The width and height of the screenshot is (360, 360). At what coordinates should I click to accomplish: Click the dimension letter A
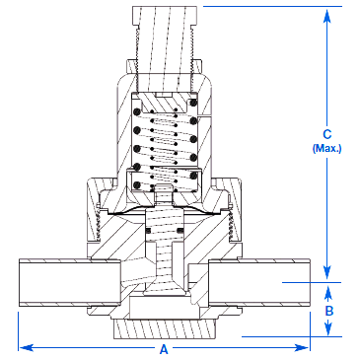pos(164,349)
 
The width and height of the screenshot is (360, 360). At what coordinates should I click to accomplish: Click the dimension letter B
pos(329,311)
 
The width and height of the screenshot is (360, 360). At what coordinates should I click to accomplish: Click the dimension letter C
pos(327,134)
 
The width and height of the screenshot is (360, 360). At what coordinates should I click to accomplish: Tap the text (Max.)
pos(326,148)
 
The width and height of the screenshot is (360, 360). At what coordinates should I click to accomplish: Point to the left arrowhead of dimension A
pos(26,347)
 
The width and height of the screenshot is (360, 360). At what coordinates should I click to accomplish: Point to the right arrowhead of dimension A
pos(302,347)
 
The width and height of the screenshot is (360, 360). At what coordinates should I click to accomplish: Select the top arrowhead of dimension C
pos(326,16)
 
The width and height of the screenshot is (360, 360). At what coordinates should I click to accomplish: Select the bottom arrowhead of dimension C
pos(326,272)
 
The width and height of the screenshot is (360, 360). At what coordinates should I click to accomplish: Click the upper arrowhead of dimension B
pos(328,293)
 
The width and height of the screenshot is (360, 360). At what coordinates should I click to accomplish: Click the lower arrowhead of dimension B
pos(328,327)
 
